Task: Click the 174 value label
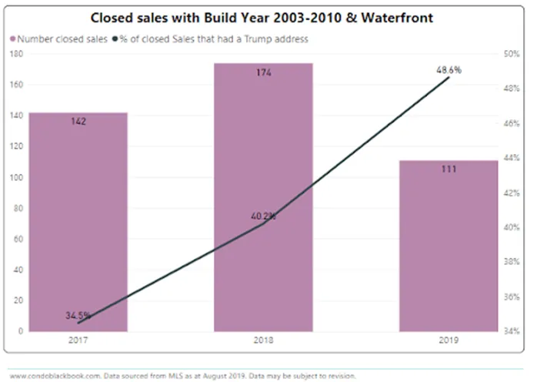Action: point(263,72)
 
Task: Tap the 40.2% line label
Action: point(262,216)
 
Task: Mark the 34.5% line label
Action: point(78,315)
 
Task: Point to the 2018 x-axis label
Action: point(263,339)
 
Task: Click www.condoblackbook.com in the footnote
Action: point(47,375)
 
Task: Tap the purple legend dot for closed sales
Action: point(13,39)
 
